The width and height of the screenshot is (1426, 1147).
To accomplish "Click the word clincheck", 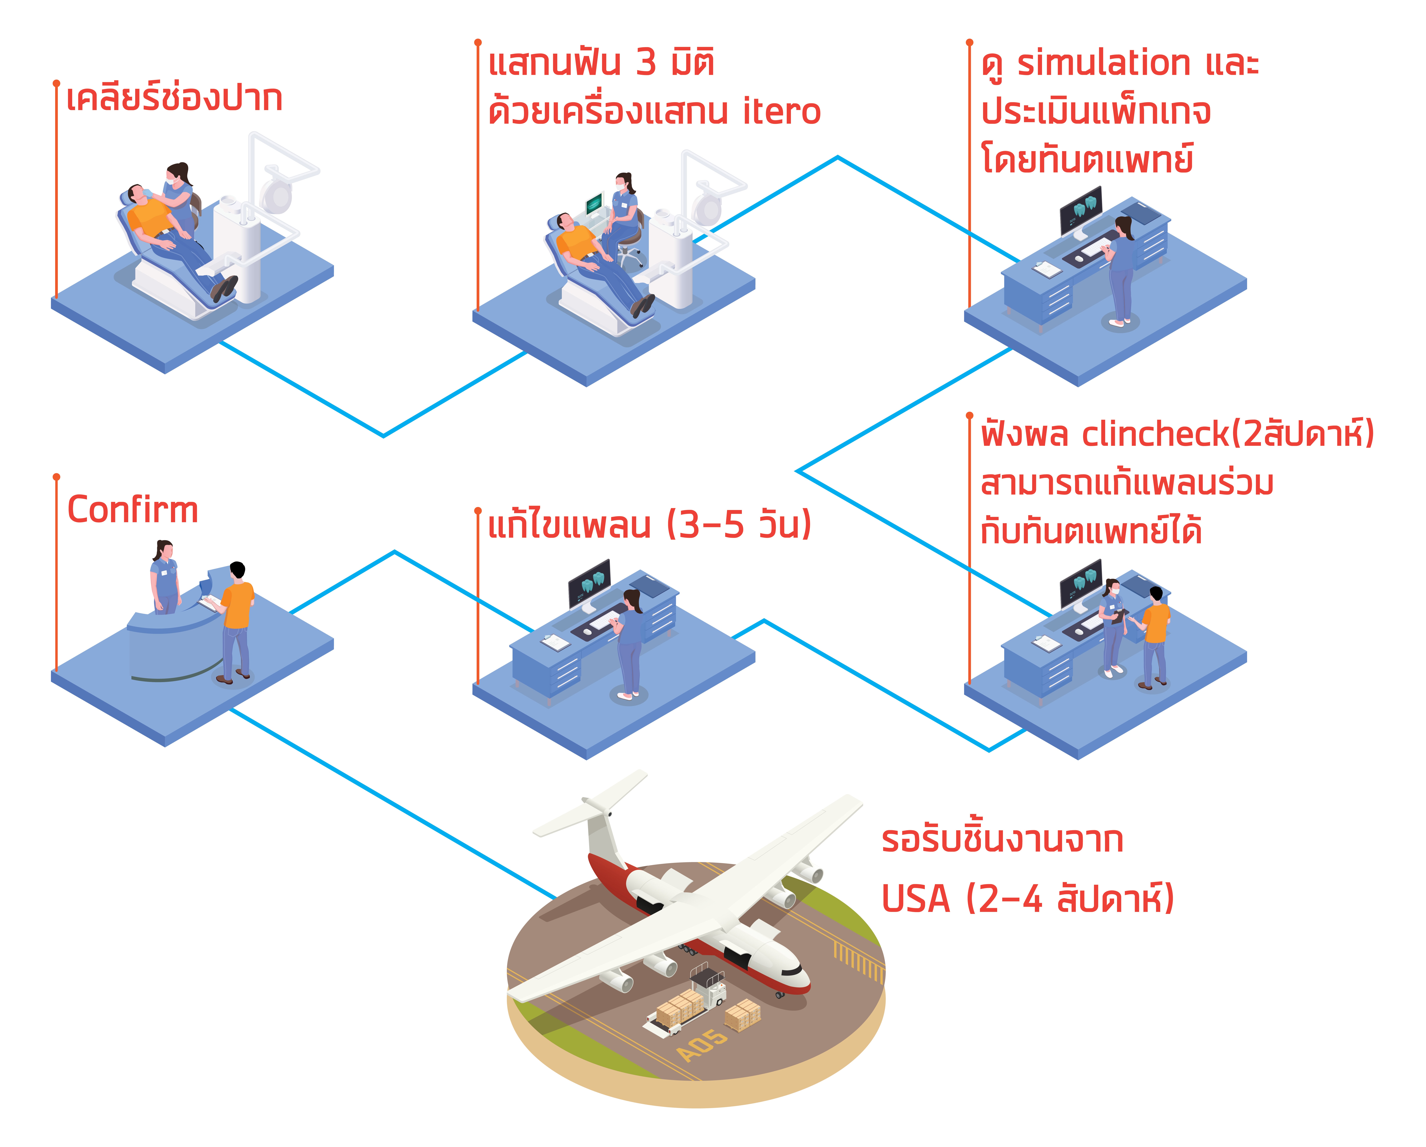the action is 1155,435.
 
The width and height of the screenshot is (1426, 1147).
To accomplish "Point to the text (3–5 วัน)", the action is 739,526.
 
